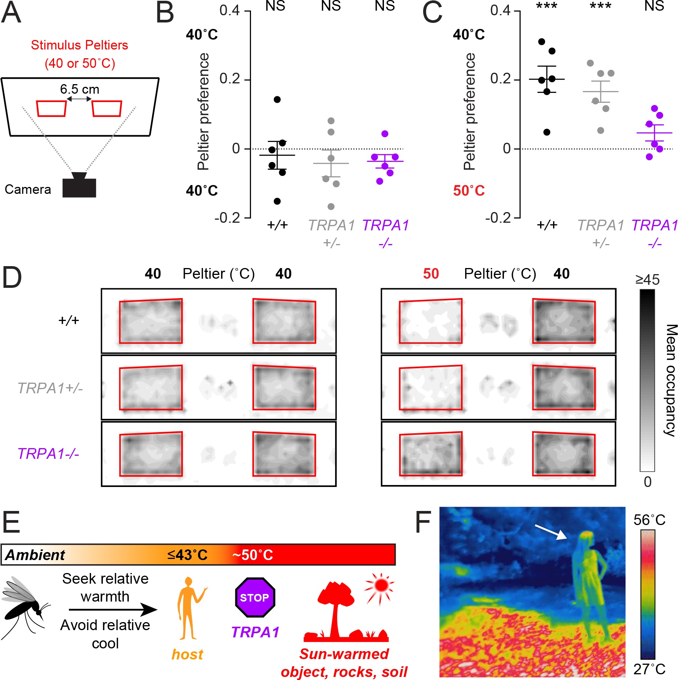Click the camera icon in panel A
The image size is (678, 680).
[79, 186]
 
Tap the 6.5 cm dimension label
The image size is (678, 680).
[80, 89]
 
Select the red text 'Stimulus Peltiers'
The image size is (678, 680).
[79, 45]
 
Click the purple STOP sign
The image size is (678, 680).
[255, 597]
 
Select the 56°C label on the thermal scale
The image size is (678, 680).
[649, 520]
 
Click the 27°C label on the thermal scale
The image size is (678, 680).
[649, 669]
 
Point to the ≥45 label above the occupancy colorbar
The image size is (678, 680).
[647, 280]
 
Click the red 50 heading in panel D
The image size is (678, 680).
[431, 274]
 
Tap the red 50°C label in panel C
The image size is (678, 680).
[469, 190]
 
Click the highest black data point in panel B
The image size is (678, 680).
[277, 99]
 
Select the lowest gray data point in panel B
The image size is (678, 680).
[331, 206]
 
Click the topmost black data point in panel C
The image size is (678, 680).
[542, 42]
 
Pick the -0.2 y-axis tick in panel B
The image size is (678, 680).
[227, 218]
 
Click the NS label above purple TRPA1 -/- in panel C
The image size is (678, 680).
[654, 6]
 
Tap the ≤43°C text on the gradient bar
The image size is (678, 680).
[187, 555]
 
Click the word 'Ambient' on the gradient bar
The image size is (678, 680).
[35, 555]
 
